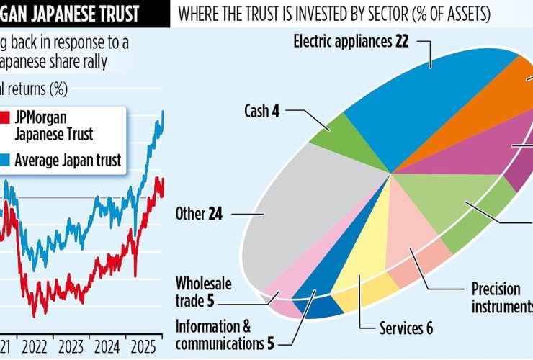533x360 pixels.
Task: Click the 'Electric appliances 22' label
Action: pos(351,41)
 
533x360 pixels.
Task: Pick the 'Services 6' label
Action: pos(406,328)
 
